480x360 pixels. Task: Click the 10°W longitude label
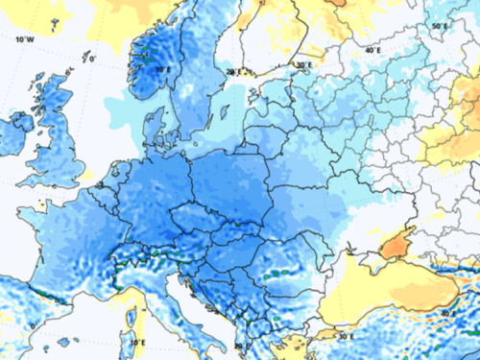point(25,39)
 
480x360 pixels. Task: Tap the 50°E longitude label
point(439,26)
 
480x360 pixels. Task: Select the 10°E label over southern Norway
point(163,69)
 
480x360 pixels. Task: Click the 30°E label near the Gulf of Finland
point(303,65)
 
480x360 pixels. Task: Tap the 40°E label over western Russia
point(372,49)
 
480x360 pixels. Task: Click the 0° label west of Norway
point(92,60)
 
